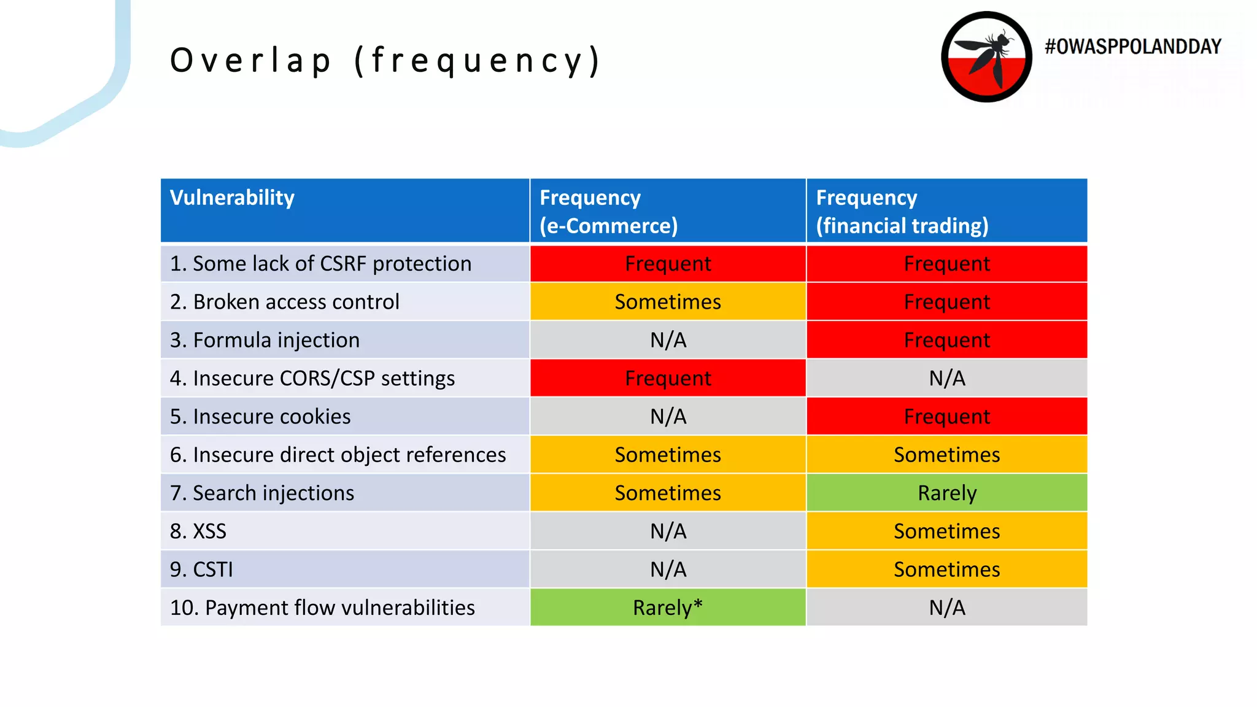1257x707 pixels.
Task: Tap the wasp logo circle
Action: pyautogui.click(x=986, y=57)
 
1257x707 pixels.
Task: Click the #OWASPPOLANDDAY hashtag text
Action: pyautogui.click(x=1132, y=47)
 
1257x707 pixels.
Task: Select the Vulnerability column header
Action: pyautogui.click(x=232, y=198)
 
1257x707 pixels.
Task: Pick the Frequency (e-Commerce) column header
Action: pyautogui.click(x=608, y=211)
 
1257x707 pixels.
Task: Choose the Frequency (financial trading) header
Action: pyautogui.click(x=902, y=211)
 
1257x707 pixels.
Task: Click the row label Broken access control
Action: pyautogui.click(x=284, y=302)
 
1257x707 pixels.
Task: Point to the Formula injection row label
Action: pyautogui.click(x=265, y=340)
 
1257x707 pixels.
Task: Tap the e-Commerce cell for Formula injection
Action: pyautogui.click(x=668, y=340)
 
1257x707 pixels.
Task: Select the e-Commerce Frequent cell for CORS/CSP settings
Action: pyautogui.click(x=668, y=378)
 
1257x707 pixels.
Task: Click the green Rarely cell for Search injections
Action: pyautogui.click(x=946, y=493)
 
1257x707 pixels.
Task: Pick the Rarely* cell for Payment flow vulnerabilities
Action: pyautogui.click(x=668, y=608)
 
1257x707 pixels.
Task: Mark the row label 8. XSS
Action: pyautogui.click(x=198, y=531)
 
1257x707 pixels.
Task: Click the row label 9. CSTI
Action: pyautogui.click(x=201, y=570)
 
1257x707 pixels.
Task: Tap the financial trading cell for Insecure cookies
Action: pyautogui.click(x=946, y=417)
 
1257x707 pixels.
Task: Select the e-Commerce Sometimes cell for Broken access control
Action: pyautogui.click(x=668, y=302)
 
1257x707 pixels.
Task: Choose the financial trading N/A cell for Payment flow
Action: pyautogui.click(x=946, y=608)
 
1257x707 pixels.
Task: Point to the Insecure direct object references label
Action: pyautogui.click(x=338, y=455)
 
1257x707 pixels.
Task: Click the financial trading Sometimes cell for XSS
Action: pyautogui.click(x=946, y=531)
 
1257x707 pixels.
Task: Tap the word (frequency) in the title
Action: pyautogui.click(x=478, y=61)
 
